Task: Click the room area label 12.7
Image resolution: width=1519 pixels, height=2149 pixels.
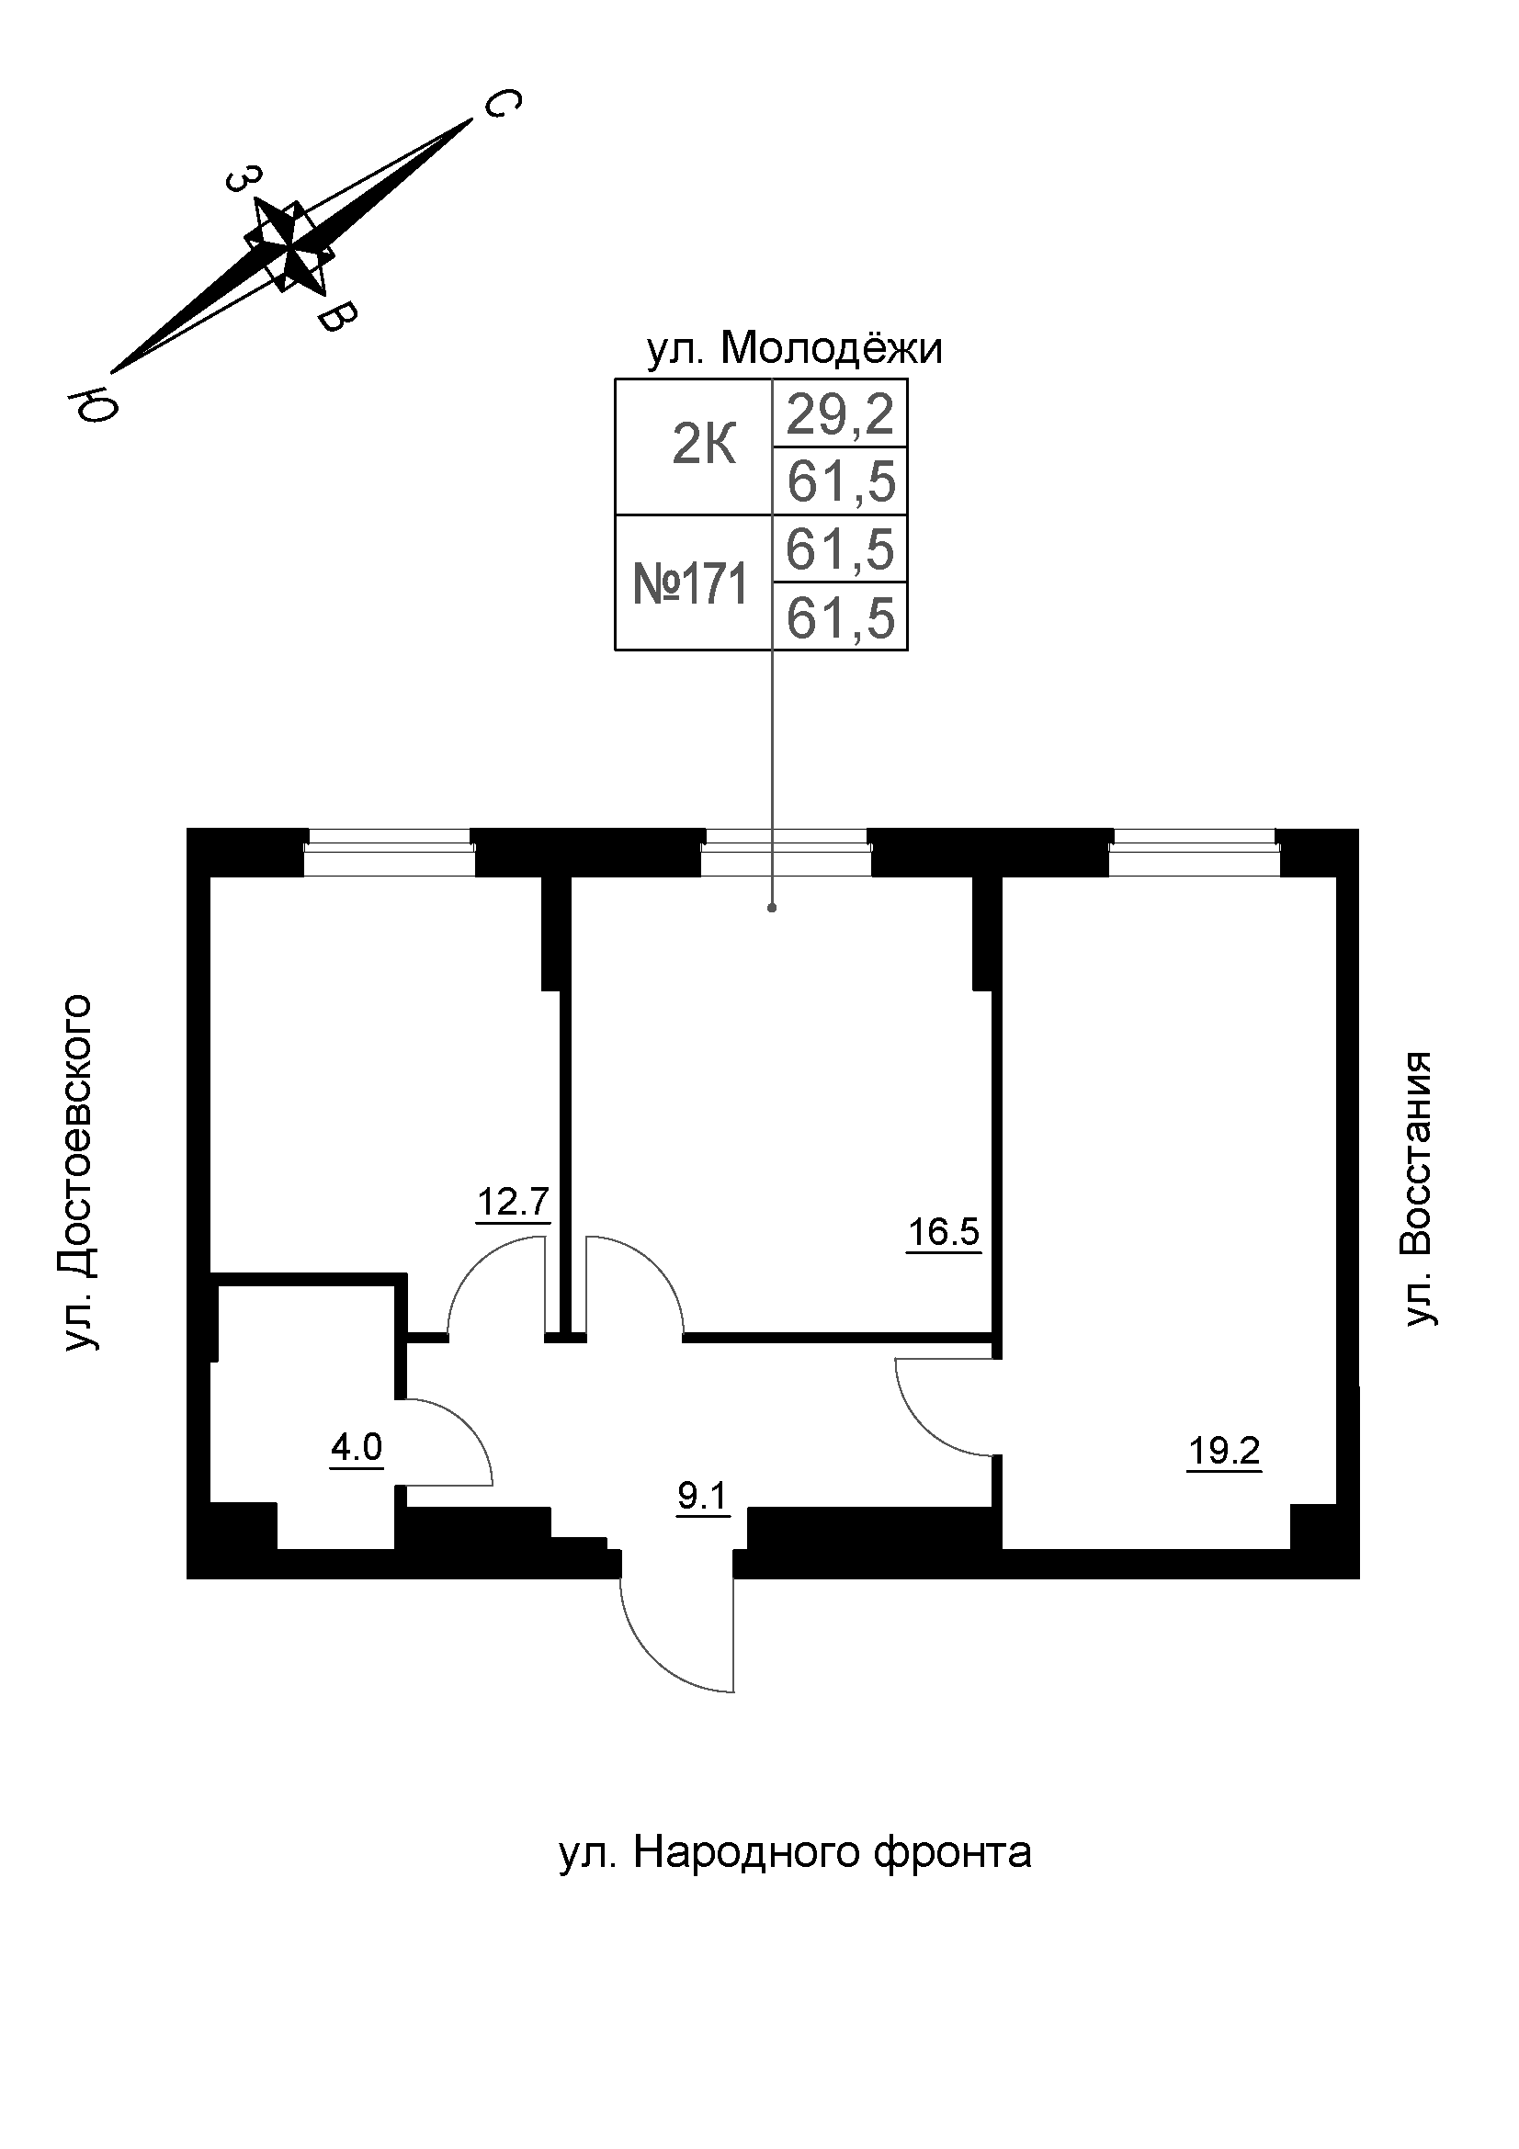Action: click(x=513, y=1202)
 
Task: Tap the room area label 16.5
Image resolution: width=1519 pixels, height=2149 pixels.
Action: click(x=944, y=1232)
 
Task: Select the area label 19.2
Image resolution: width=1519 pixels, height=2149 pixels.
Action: click(x=1223, y=1452)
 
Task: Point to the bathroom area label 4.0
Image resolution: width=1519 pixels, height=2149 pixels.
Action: click(x=357, y=1448)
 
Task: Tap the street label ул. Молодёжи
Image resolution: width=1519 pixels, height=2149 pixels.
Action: click(x=794, y=349)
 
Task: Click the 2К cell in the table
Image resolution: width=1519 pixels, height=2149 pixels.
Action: click(x=704, y=447)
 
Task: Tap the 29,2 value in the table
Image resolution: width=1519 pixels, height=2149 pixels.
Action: click(x=840, y=413)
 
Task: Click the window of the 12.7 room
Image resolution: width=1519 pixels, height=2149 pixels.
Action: click(x=390, y=852)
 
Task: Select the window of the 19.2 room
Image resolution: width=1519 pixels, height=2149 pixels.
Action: click(x=1194, y=852)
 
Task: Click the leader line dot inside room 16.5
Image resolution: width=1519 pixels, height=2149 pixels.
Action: click(x=771, y=907)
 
